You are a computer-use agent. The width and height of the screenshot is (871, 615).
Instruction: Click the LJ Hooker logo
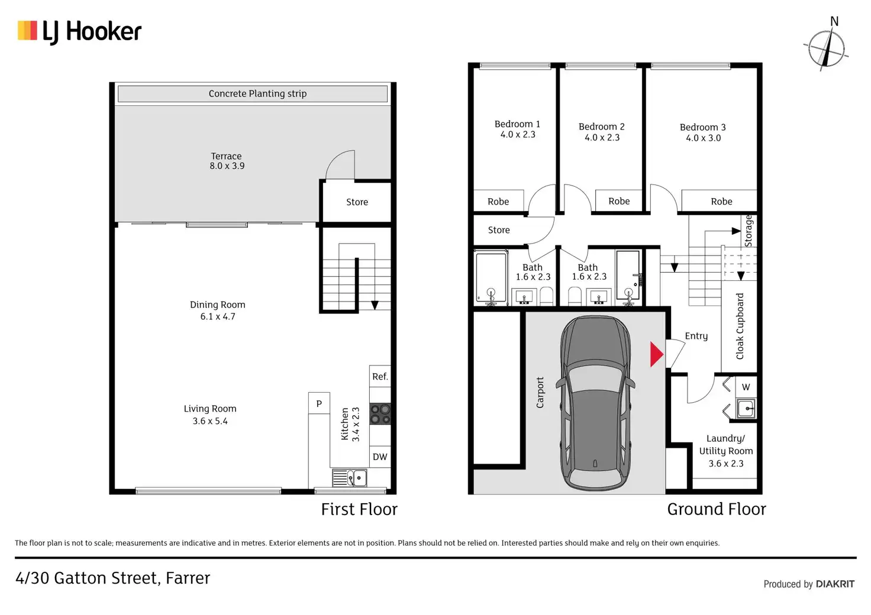[x=79, y=31]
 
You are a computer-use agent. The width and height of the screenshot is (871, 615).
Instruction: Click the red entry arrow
[x=657, y=354]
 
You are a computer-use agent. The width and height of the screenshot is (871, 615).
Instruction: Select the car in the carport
[x=595, y=403]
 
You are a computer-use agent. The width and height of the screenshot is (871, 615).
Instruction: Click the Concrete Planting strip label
[x=257, y=93]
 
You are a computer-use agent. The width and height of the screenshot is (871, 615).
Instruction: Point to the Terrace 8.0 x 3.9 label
[x=227, y=161]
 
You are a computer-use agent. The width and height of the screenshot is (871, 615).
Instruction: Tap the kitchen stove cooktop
[x=380, y=414]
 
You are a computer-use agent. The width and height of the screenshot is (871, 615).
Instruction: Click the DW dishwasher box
[x=380, y=457]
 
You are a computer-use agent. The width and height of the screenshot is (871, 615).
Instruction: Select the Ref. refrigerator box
[x=380, y=376]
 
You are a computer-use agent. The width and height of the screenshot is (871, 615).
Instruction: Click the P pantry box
[x=319, y=403]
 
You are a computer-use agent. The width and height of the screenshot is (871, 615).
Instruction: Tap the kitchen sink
[x=350, y=478]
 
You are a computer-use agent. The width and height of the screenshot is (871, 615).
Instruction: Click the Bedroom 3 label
[x=703, y=132]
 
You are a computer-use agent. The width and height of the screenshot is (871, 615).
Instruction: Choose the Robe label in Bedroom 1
[x=498, y=202]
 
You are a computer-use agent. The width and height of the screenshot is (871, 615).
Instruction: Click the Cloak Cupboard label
[x=740, y=326]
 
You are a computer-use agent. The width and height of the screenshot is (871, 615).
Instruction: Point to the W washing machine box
[x=746, y=387]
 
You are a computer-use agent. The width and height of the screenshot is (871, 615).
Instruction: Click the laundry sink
[x=746, y=409]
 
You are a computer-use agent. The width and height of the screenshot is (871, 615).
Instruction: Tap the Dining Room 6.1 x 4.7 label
[x=217, y=310]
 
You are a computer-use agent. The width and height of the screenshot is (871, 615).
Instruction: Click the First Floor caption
[x=359, y=509]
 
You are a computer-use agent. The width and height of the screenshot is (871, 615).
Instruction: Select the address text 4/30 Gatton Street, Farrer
[x=113, y=578]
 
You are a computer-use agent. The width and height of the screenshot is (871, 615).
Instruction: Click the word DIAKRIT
[x=835, y=584]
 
